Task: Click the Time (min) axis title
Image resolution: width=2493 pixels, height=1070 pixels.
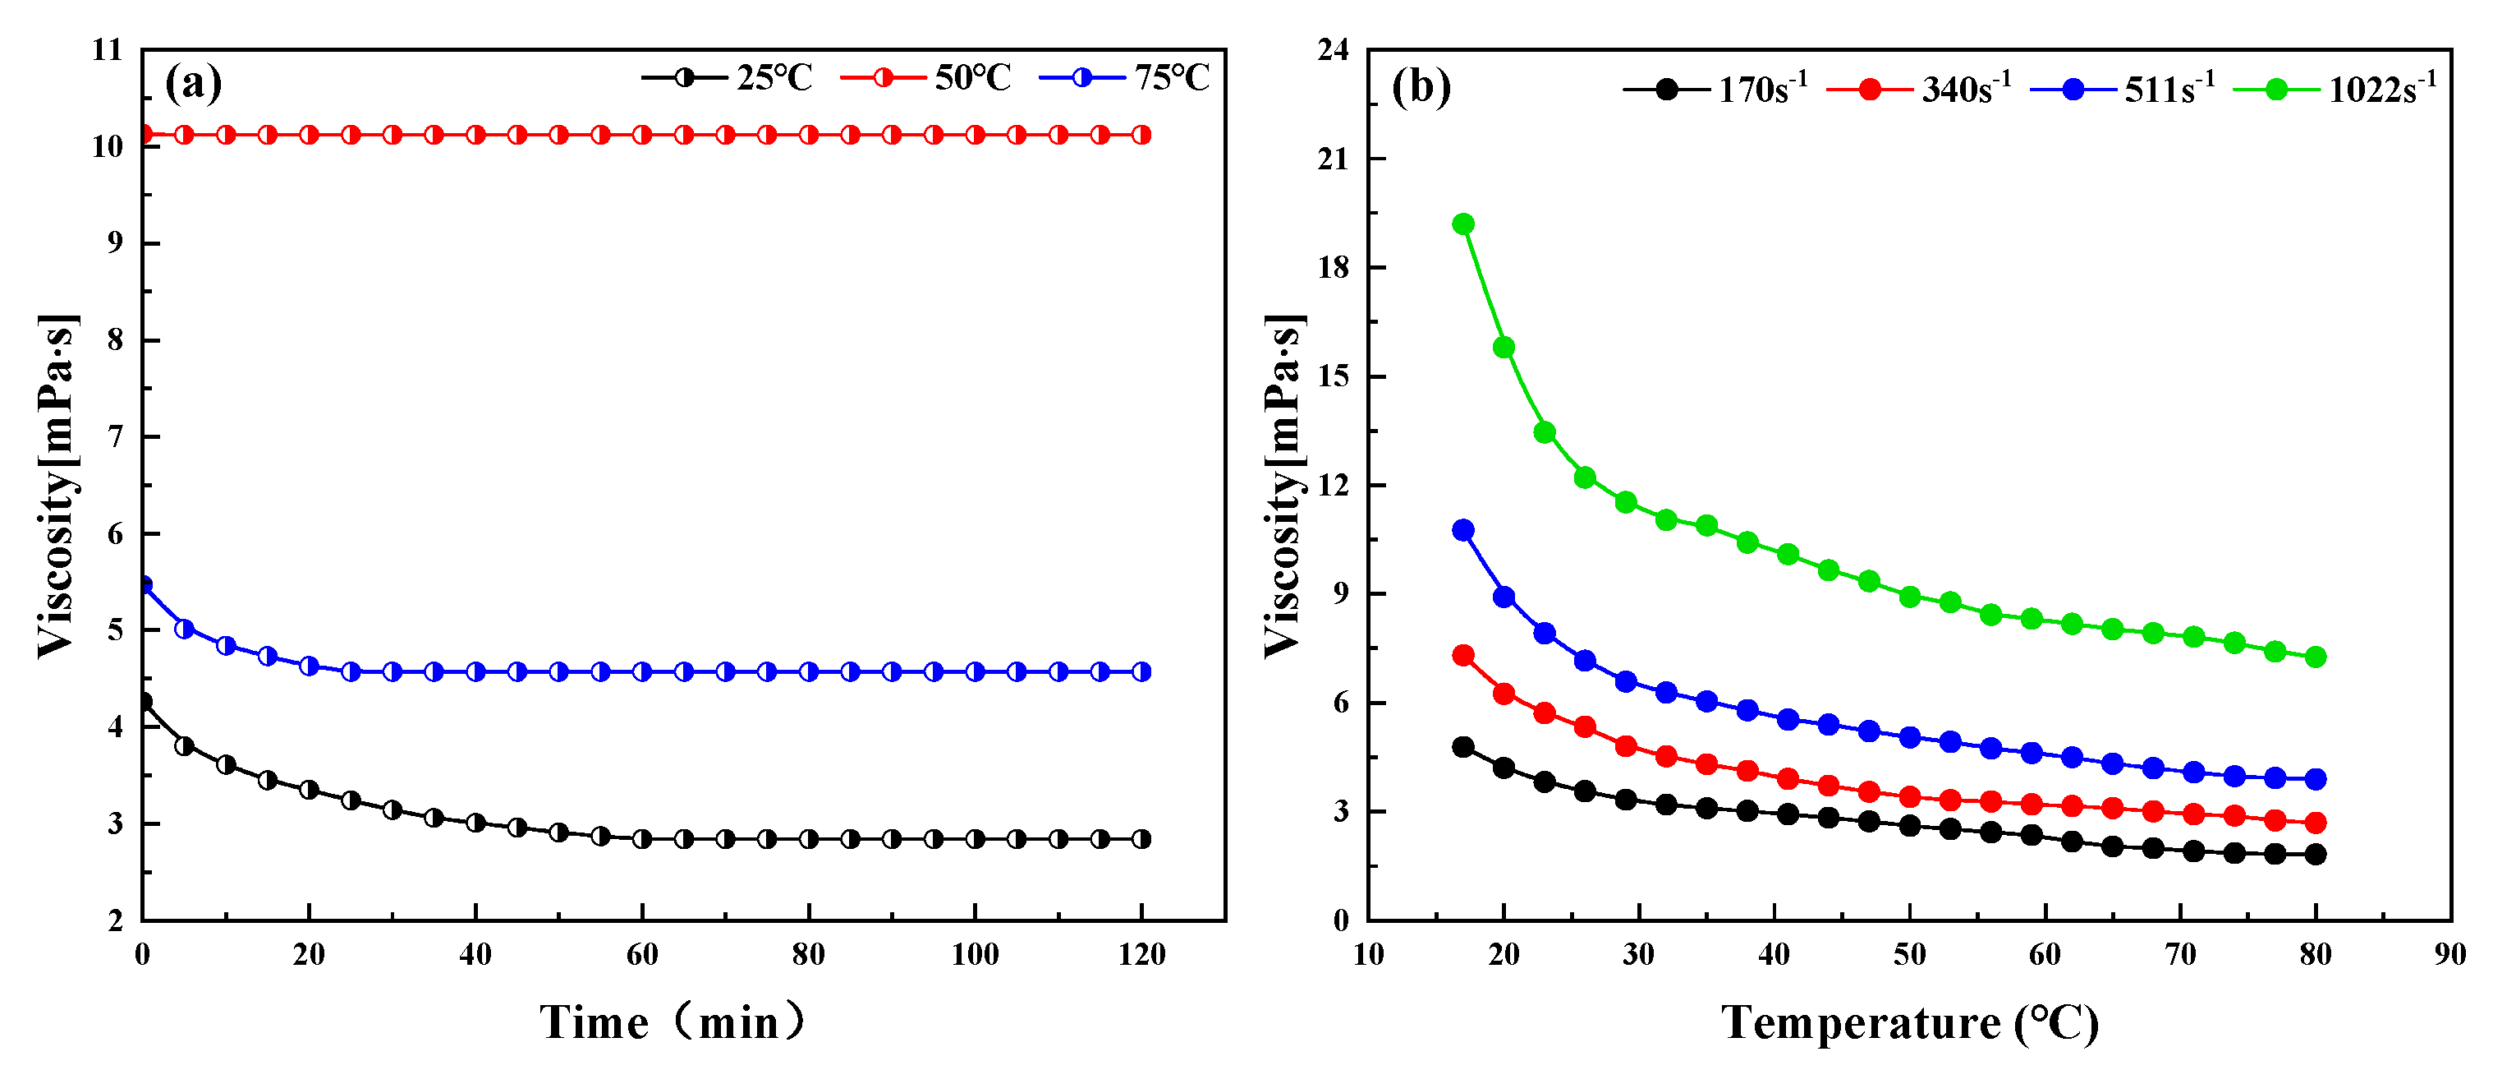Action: pyautogui.click(x=672, y=1022)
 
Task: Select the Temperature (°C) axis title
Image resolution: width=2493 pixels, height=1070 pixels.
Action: pyautogui.click(x=1908, y=1022)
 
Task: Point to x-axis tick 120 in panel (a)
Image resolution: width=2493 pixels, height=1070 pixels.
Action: pyautogui.click(x=1141, y=955)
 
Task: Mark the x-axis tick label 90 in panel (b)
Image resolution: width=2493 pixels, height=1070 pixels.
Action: pyautogui.click(x=2449, y=955)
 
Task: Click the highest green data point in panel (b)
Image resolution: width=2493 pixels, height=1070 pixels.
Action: pyautogui.click(x=1463, y=224)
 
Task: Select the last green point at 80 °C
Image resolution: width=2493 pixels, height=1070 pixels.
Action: pyautogui.click(x=2315, y=657)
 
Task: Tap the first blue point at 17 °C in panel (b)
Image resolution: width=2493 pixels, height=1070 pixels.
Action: pyautogui.click(x=1463, y=530)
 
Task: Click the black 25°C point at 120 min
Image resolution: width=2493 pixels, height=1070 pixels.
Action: pyautogui.click(x=1141, y=838)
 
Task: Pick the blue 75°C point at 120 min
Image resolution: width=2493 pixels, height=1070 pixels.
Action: pyautogui.click(x=1141, y=671)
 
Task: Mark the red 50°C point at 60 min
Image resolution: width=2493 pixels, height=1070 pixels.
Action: pyautogui.click(x=641, y=135)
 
